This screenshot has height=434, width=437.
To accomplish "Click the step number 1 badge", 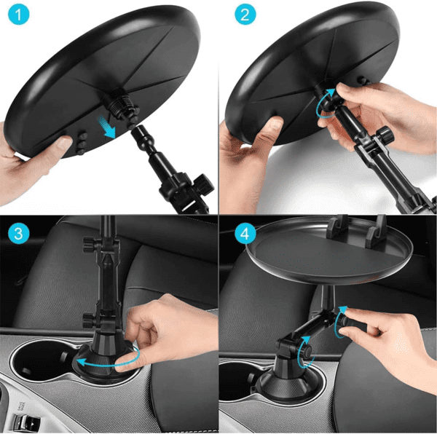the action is [18, 15].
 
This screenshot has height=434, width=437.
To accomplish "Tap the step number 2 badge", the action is [245, 15].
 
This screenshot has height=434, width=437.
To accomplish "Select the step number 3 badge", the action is [18, 234].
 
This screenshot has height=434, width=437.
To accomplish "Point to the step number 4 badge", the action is [245, 234].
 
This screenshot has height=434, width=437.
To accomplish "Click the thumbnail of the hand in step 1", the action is [63, 142].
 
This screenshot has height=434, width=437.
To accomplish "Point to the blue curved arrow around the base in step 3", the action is [109, 359].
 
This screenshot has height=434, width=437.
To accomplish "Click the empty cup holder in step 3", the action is [42, 359].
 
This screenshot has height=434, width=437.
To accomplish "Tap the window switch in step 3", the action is [27, 422].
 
